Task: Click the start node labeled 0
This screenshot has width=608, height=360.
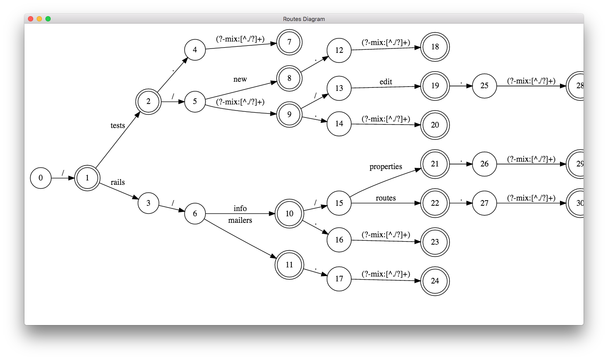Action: (41, 178)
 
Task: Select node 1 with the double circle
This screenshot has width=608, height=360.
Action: (87, 178)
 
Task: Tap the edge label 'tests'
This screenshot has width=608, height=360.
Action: (117, 125)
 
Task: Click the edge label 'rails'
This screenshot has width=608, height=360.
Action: (117, 182)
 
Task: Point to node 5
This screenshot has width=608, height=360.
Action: (195, 102)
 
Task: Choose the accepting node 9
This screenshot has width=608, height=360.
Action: (289, 114)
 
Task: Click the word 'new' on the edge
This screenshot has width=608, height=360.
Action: (240, 79)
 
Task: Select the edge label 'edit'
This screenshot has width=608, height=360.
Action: (386, 82)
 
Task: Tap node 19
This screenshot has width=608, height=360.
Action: (435, 86)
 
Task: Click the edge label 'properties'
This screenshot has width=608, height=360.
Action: (386, 167)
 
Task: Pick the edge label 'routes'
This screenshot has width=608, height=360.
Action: (386, 198)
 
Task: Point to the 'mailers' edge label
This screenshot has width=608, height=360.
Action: (240, 220)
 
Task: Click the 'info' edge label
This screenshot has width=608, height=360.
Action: (240, 208)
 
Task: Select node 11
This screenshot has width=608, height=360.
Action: (289, 264)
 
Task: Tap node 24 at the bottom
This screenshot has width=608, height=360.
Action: (435, 281)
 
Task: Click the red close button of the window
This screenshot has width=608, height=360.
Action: (31, 19)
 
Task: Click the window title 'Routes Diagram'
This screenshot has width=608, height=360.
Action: (304, 19)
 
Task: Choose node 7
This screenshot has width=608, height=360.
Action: (289, 42)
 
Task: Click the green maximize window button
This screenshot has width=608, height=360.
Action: (48, 19)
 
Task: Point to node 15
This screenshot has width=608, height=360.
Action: (339, 203)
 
